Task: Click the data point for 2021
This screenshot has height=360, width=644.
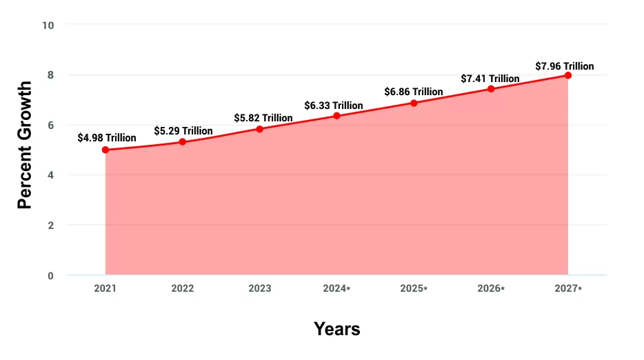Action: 105,150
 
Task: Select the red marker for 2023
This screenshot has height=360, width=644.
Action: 259,129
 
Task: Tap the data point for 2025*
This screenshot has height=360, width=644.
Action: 414,103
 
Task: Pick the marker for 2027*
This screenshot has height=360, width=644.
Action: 568,74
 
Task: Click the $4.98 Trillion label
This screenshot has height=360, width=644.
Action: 107,138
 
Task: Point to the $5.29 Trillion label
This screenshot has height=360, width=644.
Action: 183,130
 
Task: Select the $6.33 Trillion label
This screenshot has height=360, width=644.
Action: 334,106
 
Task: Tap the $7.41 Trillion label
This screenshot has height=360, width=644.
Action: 490,79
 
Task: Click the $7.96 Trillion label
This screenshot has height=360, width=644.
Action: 565,66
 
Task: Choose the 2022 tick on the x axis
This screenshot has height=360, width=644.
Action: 183,288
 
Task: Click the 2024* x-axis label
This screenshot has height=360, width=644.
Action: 337,288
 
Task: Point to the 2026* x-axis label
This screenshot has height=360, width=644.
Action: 492,288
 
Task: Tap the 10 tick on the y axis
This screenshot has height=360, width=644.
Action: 48,25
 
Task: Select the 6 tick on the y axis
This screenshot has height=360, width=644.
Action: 50,125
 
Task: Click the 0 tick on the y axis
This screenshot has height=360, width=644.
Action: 50,276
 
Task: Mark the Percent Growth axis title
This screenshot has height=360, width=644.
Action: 25,145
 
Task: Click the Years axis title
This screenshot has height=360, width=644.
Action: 337,328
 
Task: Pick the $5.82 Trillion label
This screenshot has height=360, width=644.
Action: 263,118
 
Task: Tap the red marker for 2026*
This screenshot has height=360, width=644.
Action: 491,89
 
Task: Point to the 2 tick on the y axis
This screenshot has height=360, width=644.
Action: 50,226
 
